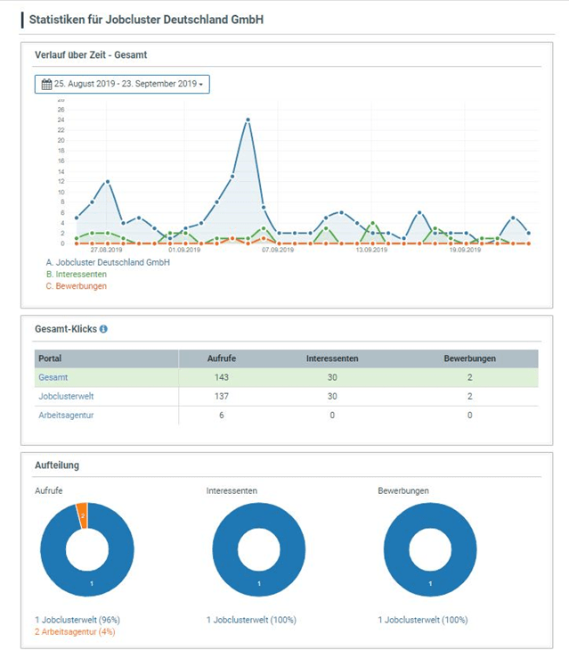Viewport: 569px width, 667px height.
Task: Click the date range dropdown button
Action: pyautogui.click(x=122, y=84)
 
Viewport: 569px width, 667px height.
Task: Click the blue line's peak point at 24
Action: pyautogui.click(x=248, y=119)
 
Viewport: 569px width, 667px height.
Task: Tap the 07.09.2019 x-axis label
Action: pyautogui.click(x=278, y=251)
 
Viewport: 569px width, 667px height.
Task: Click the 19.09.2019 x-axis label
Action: pyautogui.click(x=464, y=251)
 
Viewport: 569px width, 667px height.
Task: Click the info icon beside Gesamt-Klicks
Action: pyautogui.click(x=103, y=329)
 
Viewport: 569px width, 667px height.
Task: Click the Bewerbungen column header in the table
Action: pyautogui.click(x=469, y=358)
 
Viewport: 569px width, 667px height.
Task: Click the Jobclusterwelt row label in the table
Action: pyautogui.click(x=67, y=396)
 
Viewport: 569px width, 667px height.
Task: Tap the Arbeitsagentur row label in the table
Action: pyautogui.click(x=66, y=416)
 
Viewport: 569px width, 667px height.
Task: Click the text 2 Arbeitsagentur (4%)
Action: pyautogui.click(x=77, y=631)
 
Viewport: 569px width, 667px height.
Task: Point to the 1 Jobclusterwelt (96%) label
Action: pyautogui.click(x=77, y=620)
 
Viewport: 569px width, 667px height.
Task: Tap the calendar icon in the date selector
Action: pyautogui.click(x=46, y=84)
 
